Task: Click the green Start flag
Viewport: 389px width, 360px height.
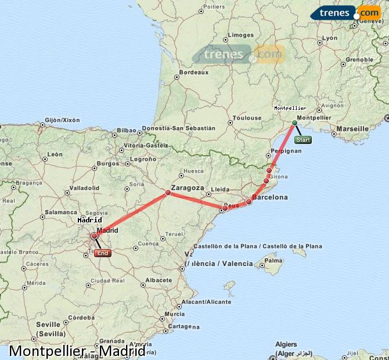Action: [x=303, y=140]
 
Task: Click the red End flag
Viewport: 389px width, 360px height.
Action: [x=103, y=253]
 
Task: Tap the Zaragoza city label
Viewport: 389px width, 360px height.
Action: [x=188, y=188]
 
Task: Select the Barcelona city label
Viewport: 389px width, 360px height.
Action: [x=270, y=197]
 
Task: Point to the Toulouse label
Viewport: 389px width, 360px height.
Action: [x=247, y=118]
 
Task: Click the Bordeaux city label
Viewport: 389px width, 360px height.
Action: [x=194, y=73]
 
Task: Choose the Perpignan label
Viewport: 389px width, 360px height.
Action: [x=286, y=151]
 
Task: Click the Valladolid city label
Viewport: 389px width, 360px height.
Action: [x=85, y=188]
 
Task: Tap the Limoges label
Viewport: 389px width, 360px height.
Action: [x=241, y=35]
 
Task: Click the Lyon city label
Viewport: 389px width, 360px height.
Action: [x=330, y=38]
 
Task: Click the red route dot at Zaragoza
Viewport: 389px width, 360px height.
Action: [x=168, y=192]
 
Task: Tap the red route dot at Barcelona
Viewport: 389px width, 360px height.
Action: [x=249, y=202]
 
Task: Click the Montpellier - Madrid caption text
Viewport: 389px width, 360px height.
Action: [x=77, y=351]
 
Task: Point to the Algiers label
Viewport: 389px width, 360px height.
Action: [x=287, y=344]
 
